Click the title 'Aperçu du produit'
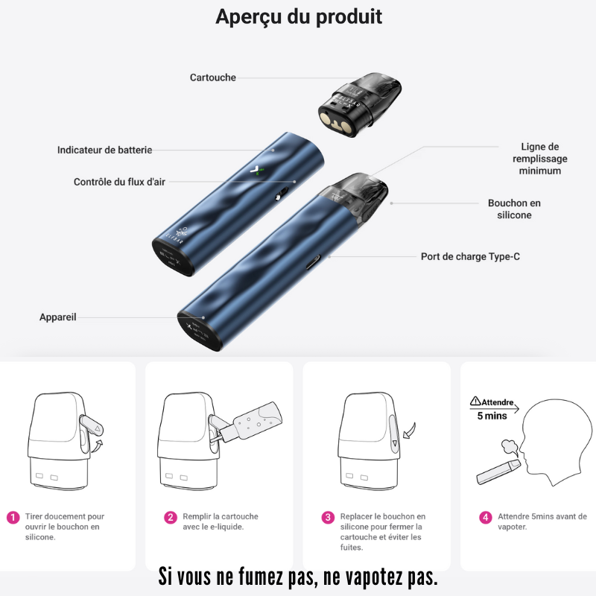pyautogui.click(x=299, y=17)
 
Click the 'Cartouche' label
pyautogui.click(x=213, y=77)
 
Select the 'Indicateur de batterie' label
pyautogui.click(x=104, y=150)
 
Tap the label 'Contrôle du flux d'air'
pyautogui.click(x=119, y=182)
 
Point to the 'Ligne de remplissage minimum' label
pyautogui.click(x=539, y=159)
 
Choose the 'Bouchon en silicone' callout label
pyautogui.click(x=514, y=209)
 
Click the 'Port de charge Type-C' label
pyautogui.click(x=470, y=256)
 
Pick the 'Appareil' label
pyautogui.click(x=58, y=317)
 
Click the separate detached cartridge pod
pyautogui.click(x=360, y=104)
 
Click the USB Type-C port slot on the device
pyautogui.click(x=313, y=262)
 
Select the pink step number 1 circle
pyautogui.click(x=13, y=517)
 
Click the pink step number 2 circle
pyautogui.click(x=171, y=517)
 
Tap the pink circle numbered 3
pyautogui.click(x=328, y=517)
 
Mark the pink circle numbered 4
pyautogui.click(x=486, y=517)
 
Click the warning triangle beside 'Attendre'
pyautogui.click(x=475, y=401)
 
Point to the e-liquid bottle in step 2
pyautogui.click(x=253, y=422)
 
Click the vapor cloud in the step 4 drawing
pyautogui.click(x=510, y=447)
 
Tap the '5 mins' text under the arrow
pyautogui.click(x=492, y=416)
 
